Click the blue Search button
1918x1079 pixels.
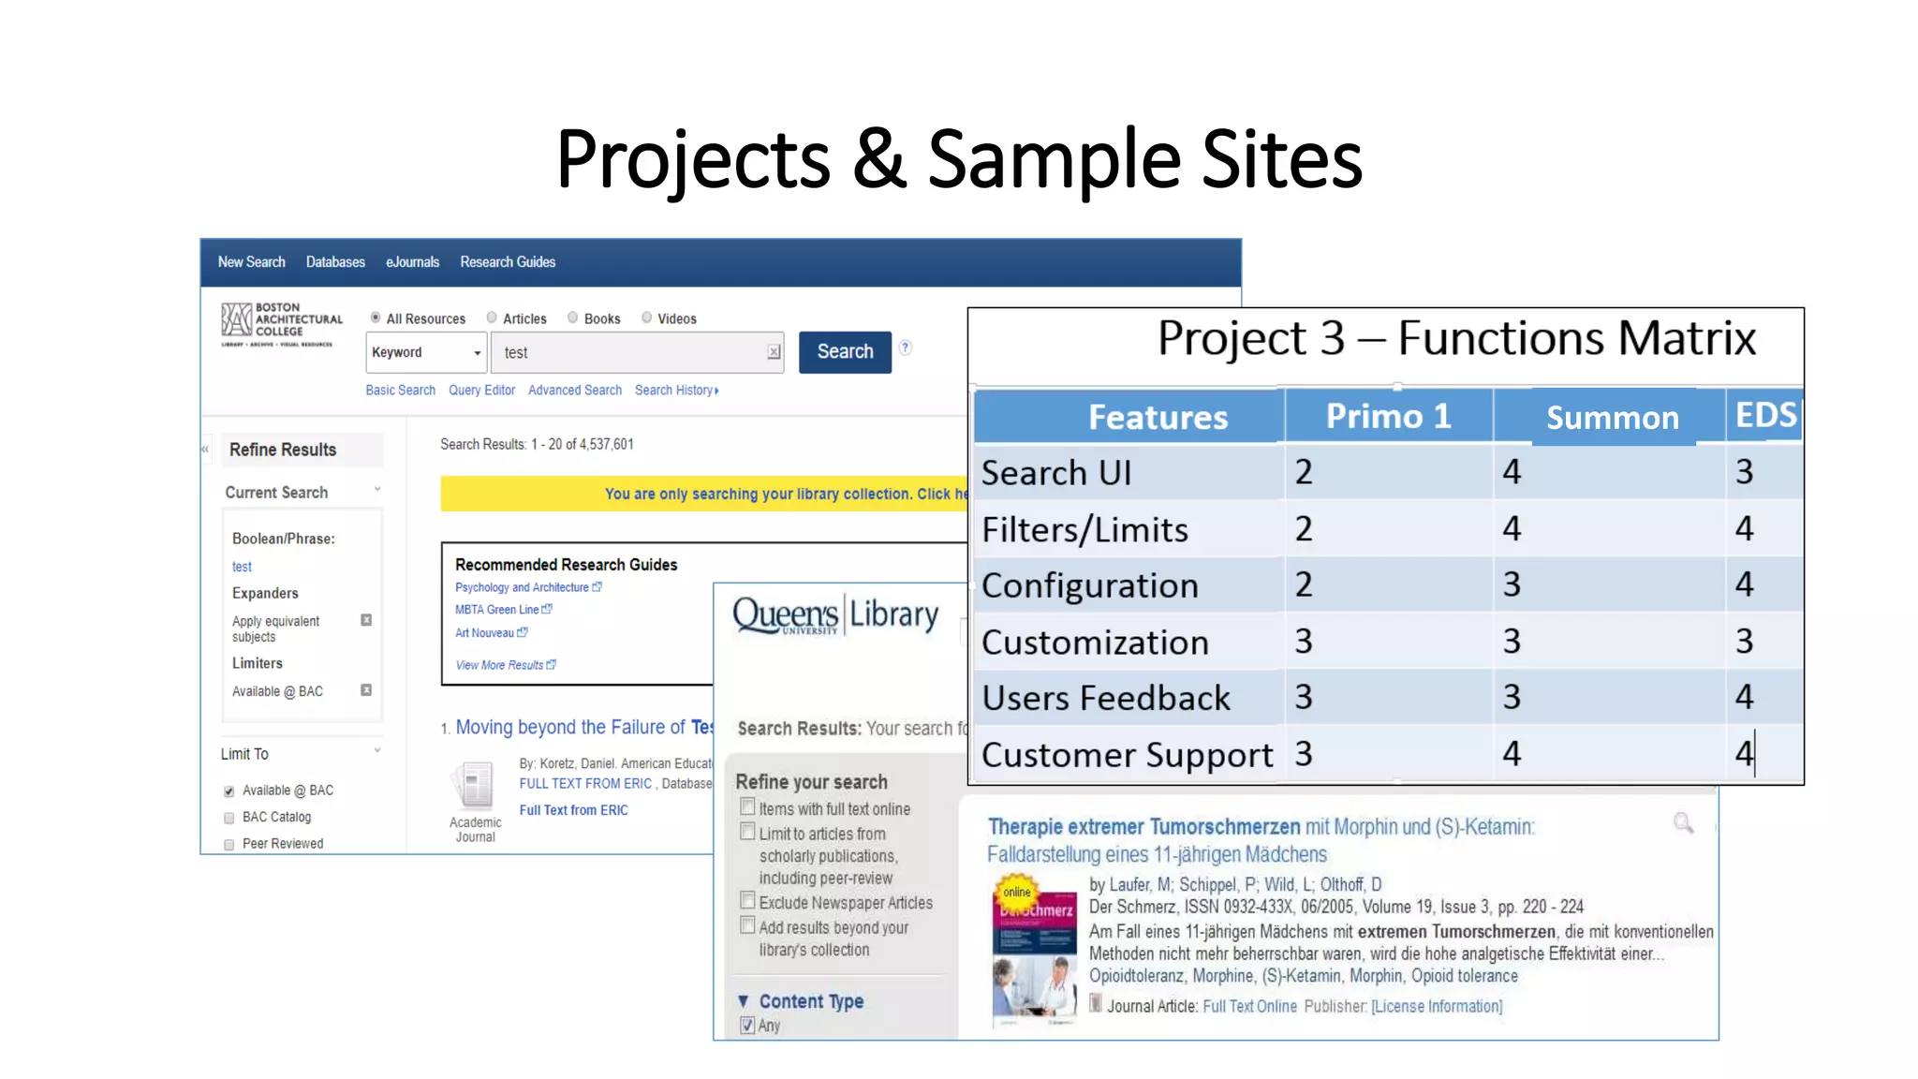(844, 352)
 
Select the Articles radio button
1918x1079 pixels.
(492, 318)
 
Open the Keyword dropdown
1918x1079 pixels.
(426, 353)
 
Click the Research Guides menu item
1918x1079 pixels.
(507, 262)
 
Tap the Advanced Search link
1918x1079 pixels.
(574, 391)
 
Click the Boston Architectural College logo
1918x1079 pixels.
(281, 323)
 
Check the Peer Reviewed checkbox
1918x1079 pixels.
(229, 845)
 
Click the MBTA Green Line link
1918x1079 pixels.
(497, 610)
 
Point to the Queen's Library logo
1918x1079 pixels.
(834, 616)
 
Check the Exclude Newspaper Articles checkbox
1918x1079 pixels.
(747, 901)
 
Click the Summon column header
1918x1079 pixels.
(1611, 418)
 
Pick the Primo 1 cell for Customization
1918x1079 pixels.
(1304, 642)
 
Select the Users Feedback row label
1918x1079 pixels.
(1105, 699)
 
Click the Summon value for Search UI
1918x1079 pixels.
(1512, 472)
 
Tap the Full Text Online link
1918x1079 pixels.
(1249, 1007)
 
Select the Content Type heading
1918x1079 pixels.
(811, 1002)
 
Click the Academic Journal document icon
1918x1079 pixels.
(475, 785)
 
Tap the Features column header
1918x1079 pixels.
(1157, 418)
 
